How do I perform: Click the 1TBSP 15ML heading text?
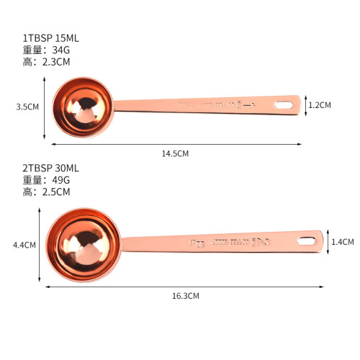click(50, 37)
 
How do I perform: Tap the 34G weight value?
click(63, 50)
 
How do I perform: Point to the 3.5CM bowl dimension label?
click(27, 107)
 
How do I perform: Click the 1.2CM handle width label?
click(320, 105)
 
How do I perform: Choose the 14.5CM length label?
click(175, 153)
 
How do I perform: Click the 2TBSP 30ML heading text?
click(50, 168)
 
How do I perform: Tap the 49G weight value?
click(63, 180)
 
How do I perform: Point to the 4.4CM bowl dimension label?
click(24, 245)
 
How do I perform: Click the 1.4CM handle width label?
click(343, 243)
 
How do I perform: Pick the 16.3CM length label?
click(185, 295)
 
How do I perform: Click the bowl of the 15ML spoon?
click(81, 108)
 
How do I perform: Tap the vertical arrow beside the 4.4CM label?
click(40, 244)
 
